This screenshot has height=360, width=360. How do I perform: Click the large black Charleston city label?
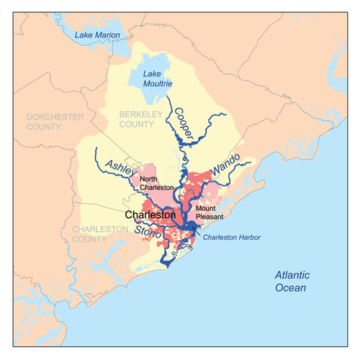150,215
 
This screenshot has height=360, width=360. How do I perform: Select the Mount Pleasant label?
212,212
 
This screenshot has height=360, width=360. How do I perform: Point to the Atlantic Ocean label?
300,282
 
